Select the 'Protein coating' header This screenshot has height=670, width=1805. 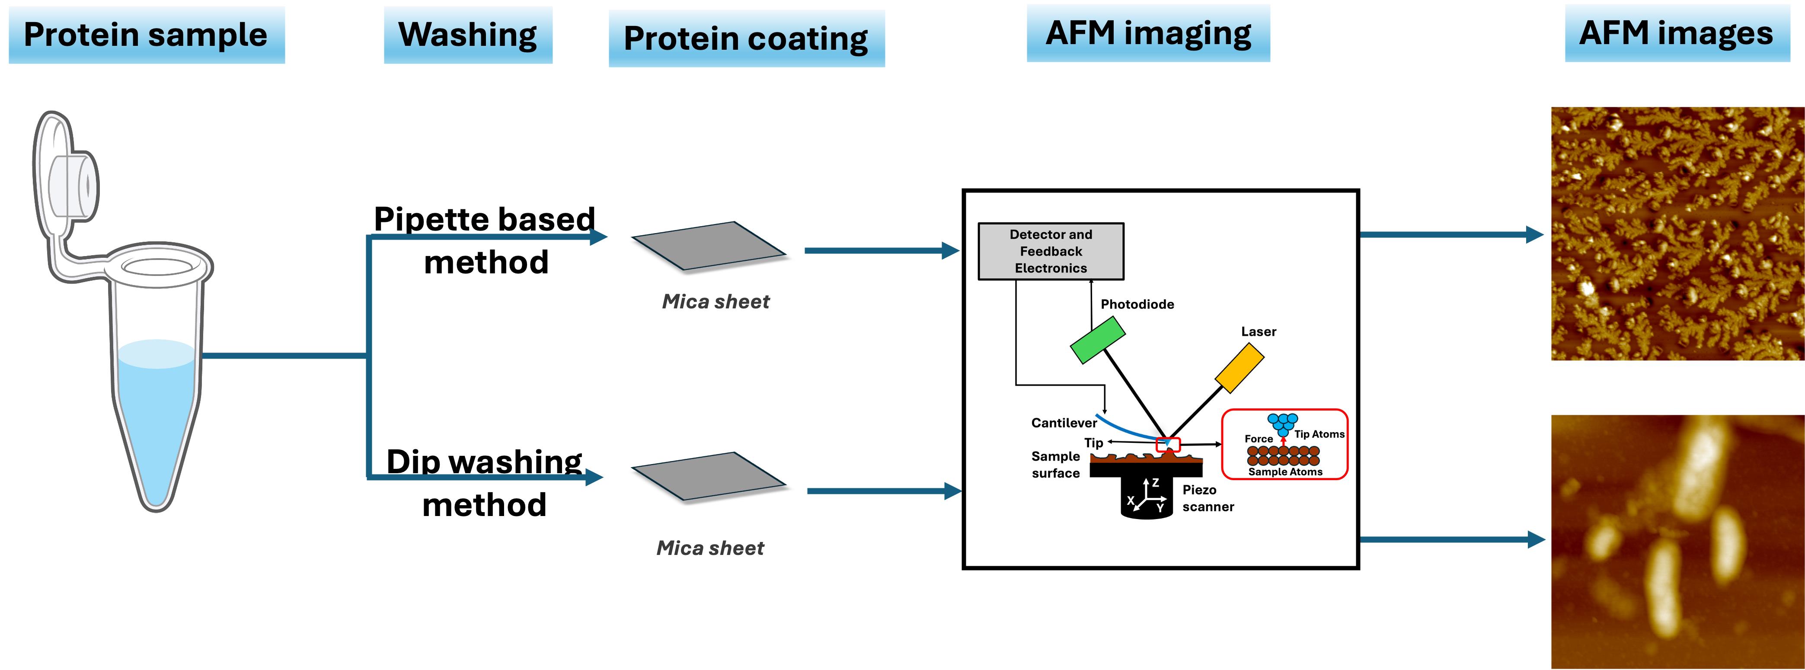746,38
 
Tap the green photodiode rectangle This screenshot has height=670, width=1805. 1097,340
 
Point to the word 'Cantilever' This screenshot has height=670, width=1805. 1064,423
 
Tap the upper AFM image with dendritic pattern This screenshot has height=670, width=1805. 1677,234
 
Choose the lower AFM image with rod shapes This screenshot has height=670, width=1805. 1677,542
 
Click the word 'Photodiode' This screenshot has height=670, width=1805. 1137,304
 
